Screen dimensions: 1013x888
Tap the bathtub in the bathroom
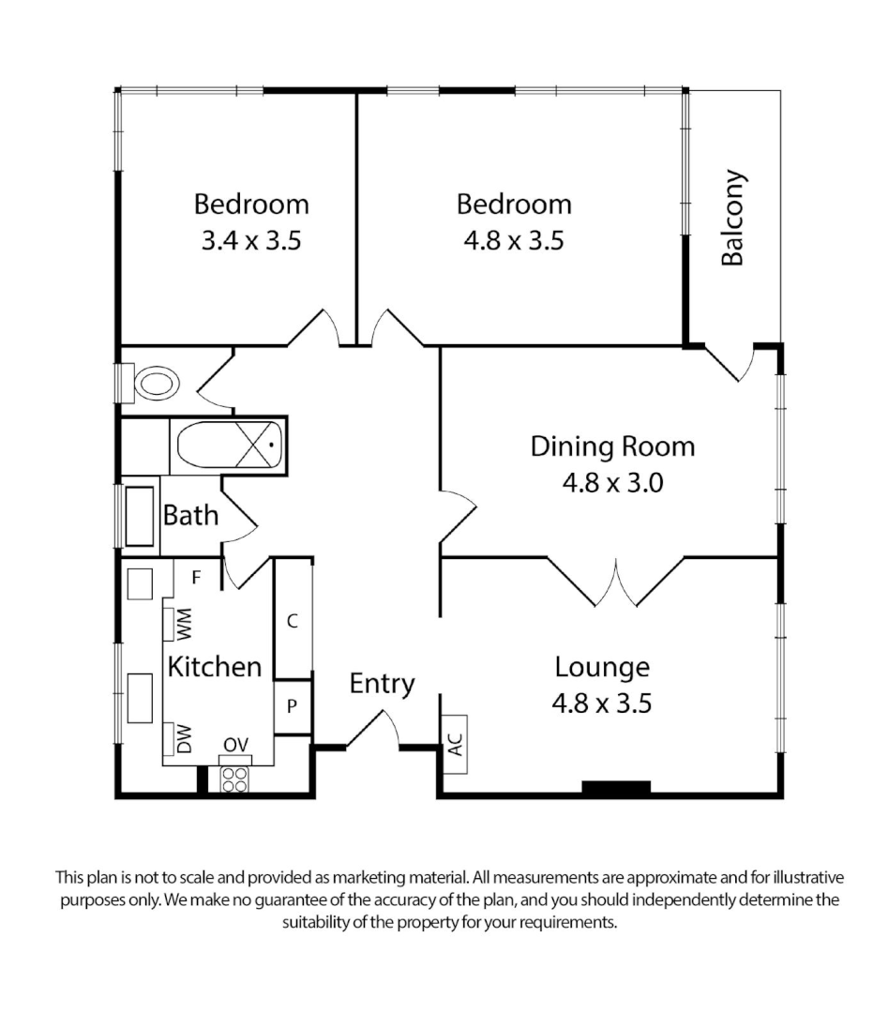(228, 447)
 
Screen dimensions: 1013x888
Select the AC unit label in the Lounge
(455, 743)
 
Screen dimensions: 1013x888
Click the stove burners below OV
(234, 779)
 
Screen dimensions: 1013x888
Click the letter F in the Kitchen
(196, 577)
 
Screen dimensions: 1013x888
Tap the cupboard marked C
(293, 620)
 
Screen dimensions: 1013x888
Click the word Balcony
(732, 218)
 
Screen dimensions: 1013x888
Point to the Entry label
(382, 684)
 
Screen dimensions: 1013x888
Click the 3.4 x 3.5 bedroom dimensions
(250, 241)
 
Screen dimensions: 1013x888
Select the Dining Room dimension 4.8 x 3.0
(612, 483)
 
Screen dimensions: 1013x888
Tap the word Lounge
(602, 668)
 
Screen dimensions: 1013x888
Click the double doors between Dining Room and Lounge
(616, 583)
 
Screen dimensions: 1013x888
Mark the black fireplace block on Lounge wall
(616, 788)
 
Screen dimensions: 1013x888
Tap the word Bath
(191, 515)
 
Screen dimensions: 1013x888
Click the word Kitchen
(214, 667)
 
